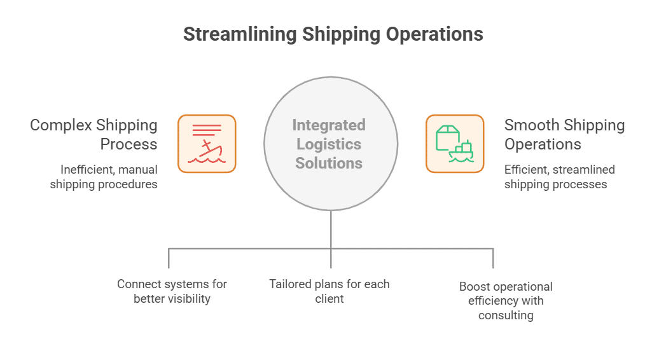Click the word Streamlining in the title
(x=239, y=34)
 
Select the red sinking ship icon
(x=207, y=144)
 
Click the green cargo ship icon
(x=455, y=144)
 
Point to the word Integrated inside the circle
(x=329, y=125)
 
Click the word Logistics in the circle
(x=329, y=144)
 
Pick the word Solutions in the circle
(x=329, y=163)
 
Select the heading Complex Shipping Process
(x=94, y=134)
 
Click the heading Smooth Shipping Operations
(x=564, y=134)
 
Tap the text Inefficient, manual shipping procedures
(x=104, y=177)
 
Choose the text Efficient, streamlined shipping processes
(x=560, y=177)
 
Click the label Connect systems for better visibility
(x=172, y=291)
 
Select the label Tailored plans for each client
(x=329, y=291)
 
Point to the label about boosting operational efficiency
(x=506, y=300)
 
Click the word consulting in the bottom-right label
(x=506, y=315)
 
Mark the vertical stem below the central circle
(x=331, y=229)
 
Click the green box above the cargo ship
(x=447, y=135)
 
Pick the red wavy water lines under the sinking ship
(x=207, y=160)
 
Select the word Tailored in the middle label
(x=289, y=284)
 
